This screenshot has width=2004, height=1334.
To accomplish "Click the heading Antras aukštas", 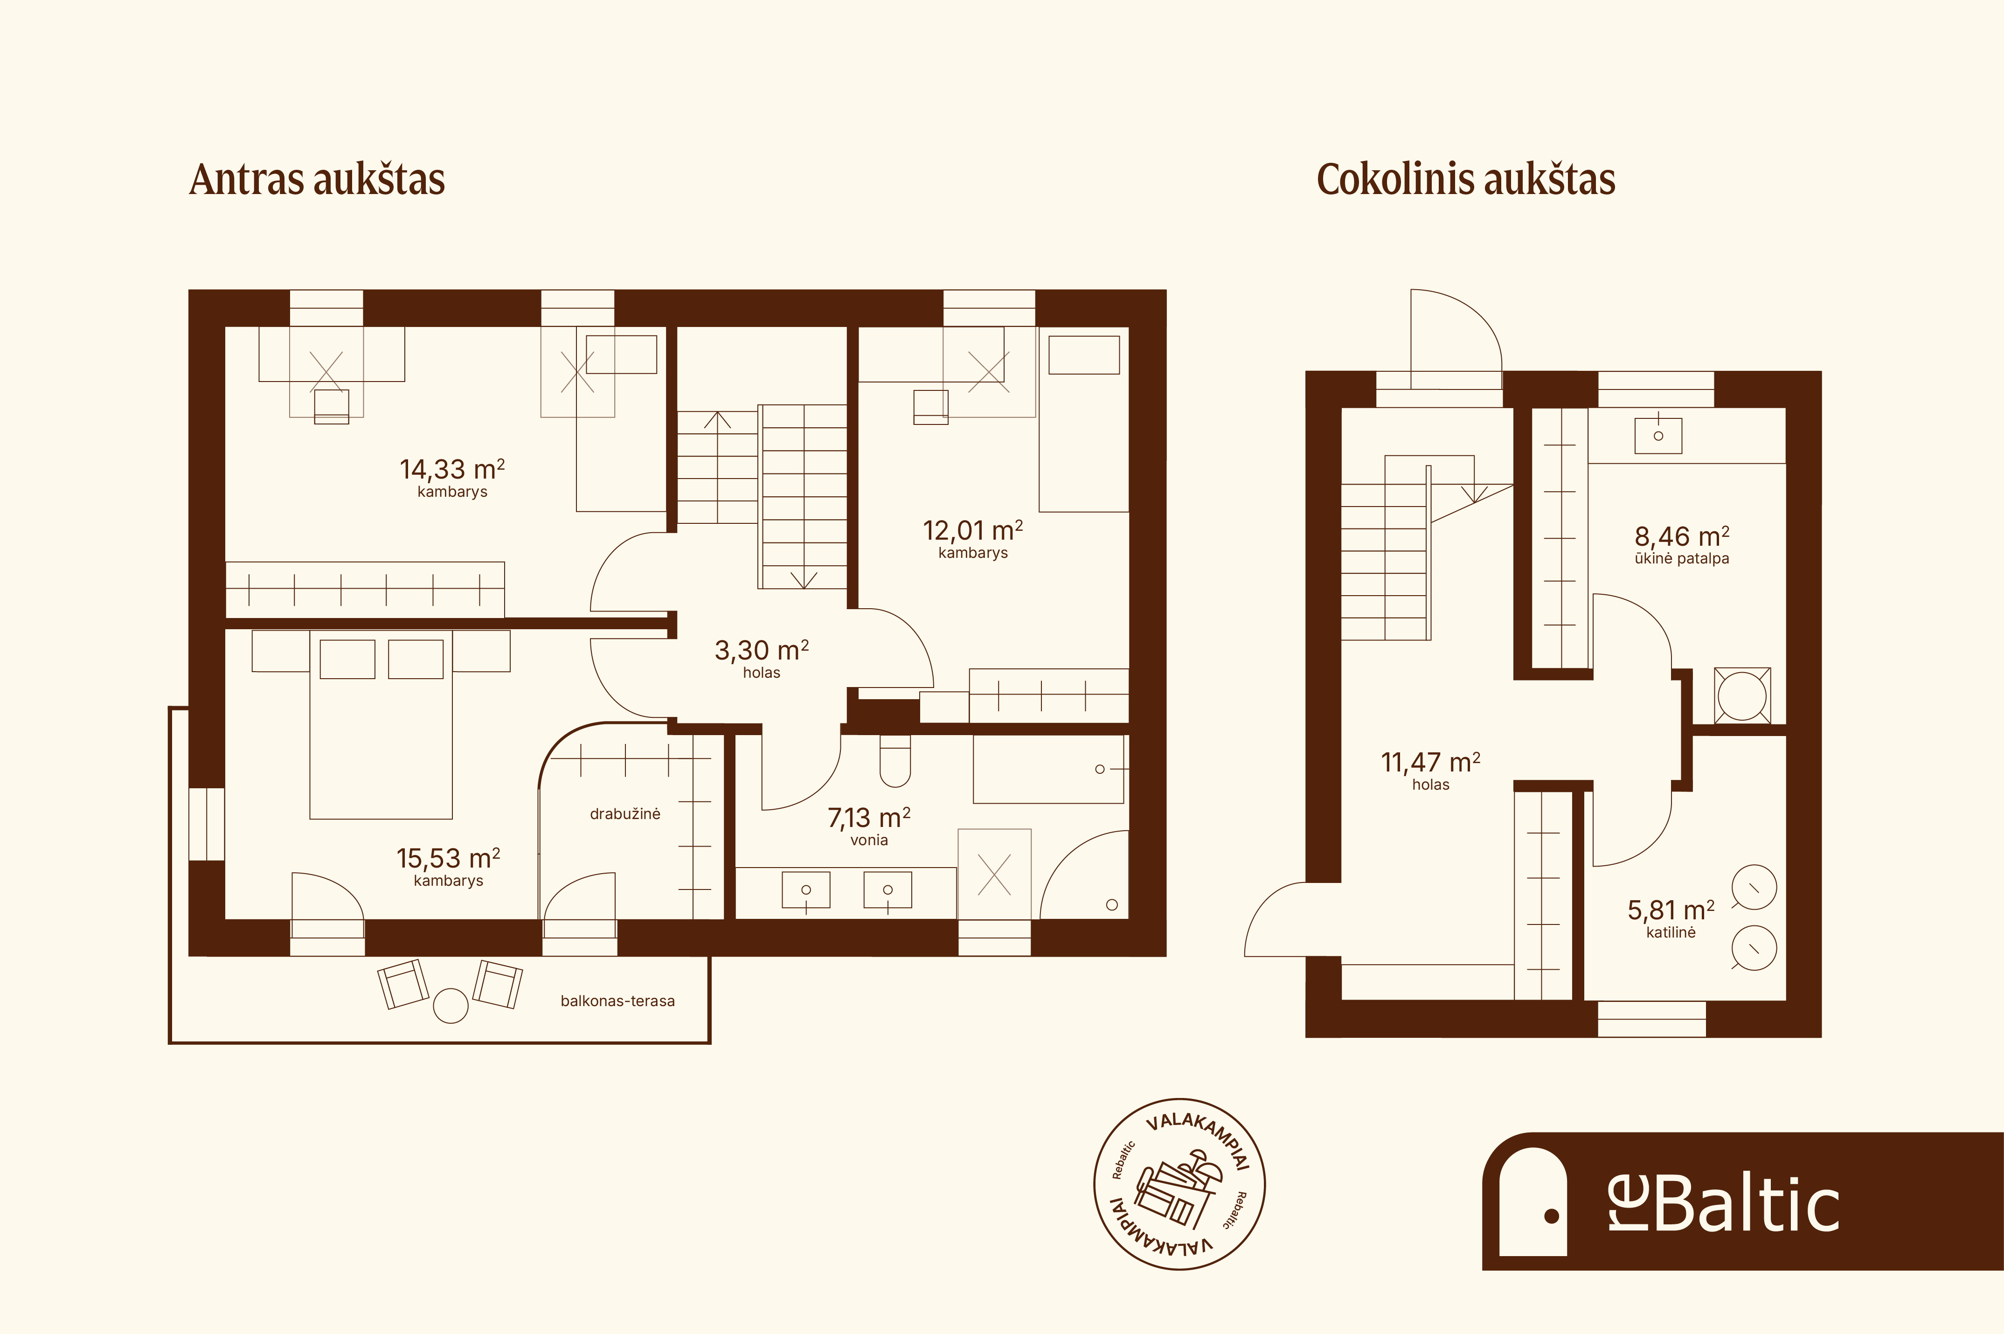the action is click(x=317, y=180).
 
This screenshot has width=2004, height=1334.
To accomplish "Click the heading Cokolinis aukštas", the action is click(x=1466, y=180).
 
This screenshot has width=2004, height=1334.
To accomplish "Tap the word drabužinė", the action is click(x=625, y=814).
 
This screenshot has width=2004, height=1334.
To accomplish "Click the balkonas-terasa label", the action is click(x=617, y=1001).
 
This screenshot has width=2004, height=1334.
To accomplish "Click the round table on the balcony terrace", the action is click(x=451, y=1006).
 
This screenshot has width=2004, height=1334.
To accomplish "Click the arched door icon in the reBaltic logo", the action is click(x=1533, y=1201).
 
